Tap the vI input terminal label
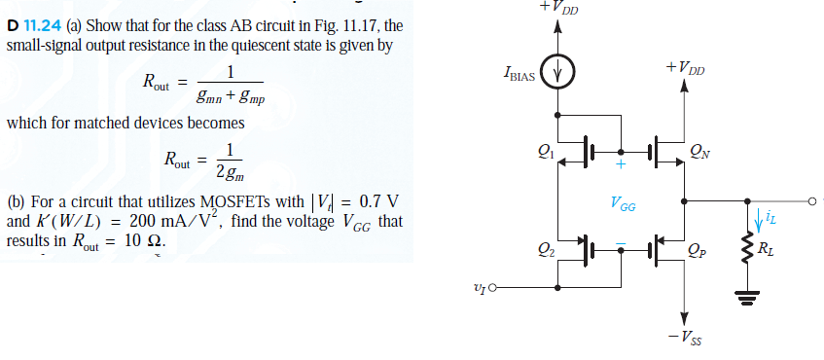click(479, 287)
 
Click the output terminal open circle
click(808, 201)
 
